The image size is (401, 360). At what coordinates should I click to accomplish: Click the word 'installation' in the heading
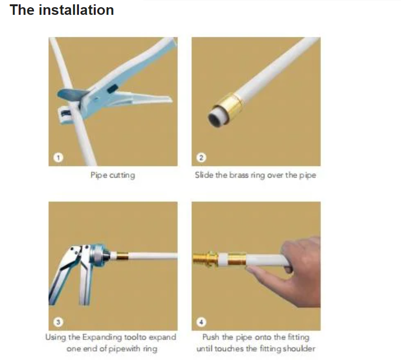tap(76, 10)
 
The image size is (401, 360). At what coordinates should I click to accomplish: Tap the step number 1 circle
tap(58, 157)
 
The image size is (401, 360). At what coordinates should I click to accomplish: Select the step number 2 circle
tap(201, 157)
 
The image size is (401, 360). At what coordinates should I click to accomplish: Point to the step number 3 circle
tap(58, 322)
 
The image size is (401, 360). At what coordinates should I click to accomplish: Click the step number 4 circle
tap(201, 322)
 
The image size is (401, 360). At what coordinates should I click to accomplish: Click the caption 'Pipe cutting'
tap(113, 175)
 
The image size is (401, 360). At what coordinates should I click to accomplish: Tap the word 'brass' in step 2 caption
tap(239, 175)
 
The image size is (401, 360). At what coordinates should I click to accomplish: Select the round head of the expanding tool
tap(99, 255)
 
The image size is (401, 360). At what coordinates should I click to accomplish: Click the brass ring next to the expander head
tap(122, 256)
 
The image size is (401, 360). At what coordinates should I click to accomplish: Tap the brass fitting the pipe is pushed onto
tap(205, 259)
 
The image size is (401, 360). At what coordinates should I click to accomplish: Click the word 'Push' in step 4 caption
tap(211, 337)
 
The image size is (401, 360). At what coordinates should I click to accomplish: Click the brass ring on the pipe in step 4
tap(236, 259)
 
